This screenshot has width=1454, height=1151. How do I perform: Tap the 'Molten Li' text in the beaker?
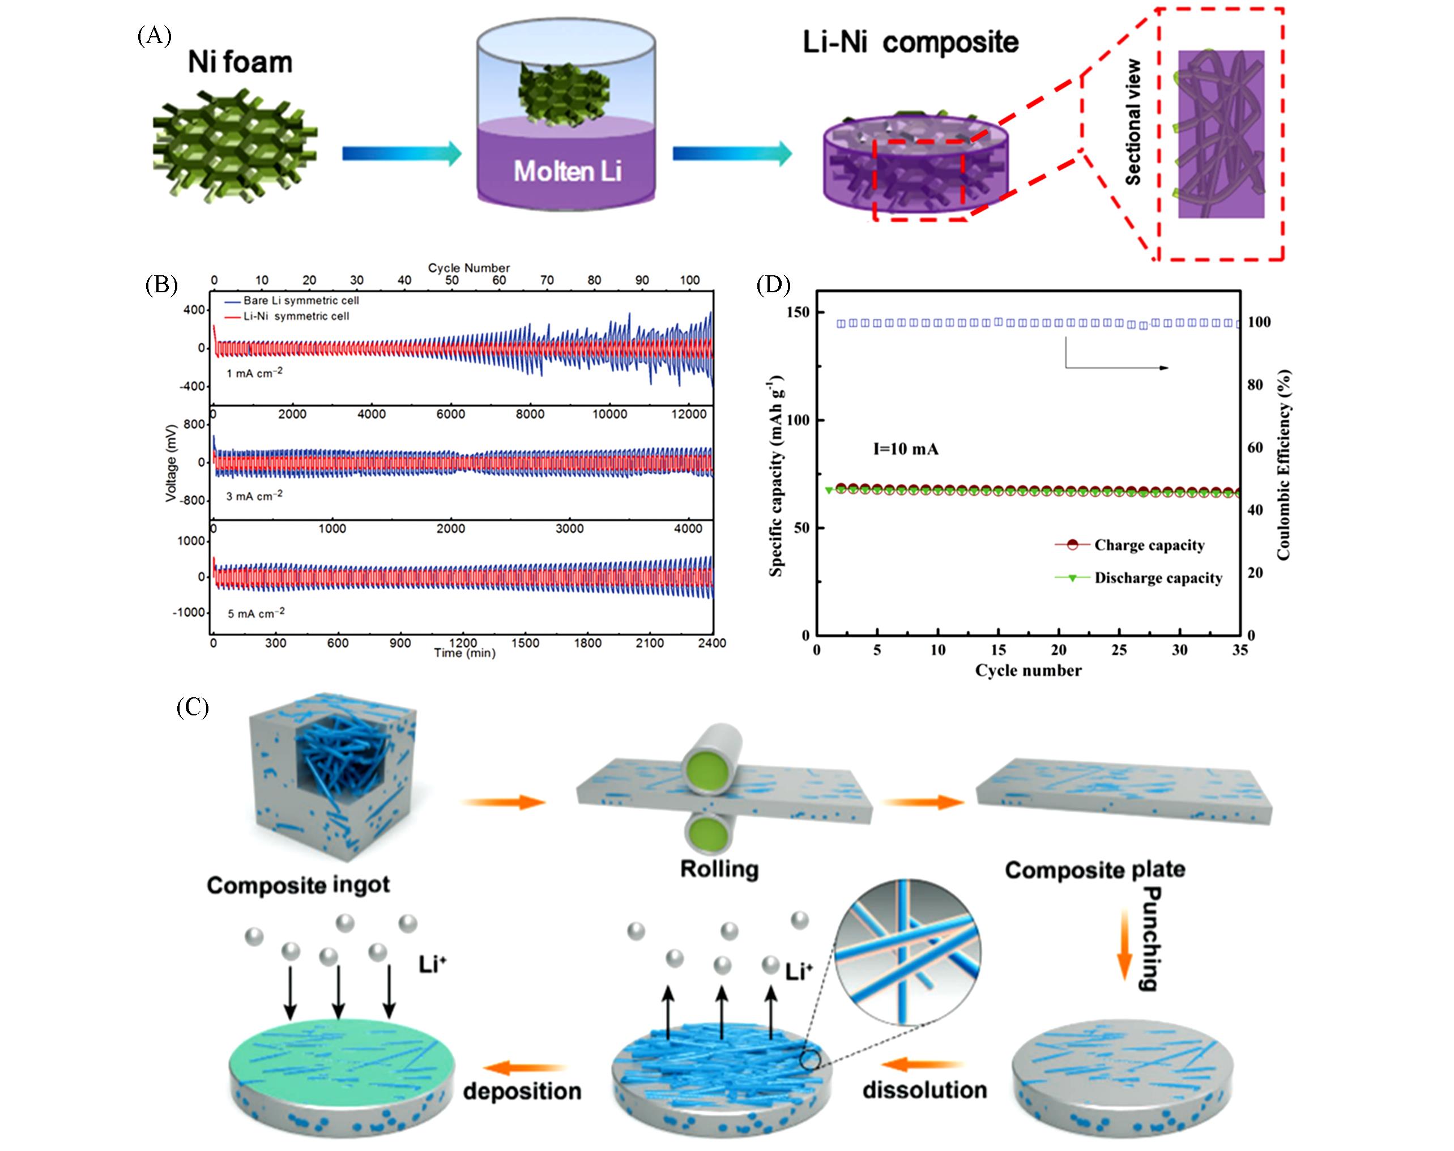pos(568,171)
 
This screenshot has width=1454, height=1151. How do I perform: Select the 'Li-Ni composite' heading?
pos(910,42)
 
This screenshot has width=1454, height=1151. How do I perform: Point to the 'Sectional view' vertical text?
pos(1133,122)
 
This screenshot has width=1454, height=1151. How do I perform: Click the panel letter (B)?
pos(161,285)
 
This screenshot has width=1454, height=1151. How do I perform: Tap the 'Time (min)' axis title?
pos(464,653)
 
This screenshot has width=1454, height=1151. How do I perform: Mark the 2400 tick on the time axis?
pos(711,643)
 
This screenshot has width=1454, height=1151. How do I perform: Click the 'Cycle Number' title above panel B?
pos(468,267)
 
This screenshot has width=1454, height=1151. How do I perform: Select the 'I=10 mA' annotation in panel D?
pos(906,449)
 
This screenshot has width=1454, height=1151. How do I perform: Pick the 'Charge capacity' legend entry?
pos(1149,545)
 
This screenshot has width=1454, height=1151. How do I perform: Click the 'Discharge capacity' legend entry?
pos(1158,578)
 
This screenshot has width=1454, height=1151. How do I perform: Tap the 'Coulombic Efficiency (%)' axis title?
pos(1283,465)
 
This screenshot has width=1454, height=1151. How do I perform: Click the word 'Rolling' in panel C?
pos(719,869)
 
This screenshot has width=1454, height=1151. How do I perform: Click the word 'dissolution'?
pos(924,1090)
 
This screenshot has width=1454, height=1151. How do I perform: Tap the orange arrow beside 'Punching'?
pos(1124,944)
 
